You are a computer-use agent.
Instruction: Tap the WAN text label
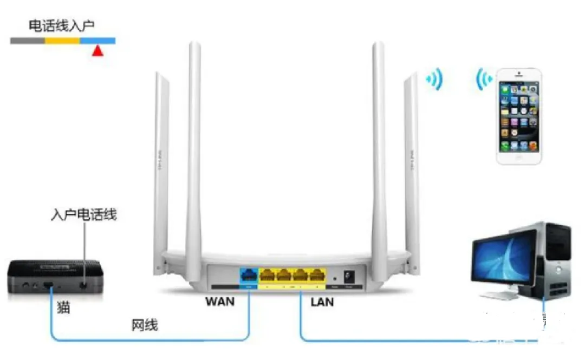pos(220,301)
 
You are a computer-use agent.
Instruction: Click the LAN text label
pos(322,302)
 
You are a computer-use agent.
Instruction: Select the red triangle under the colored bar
pos(97,51)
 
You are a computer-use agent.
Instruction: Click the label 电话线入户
pos(62,25)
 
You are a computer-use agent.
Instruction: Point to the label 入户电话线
pos(83,215)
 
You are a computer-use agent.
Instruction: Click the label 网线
pos(145,325)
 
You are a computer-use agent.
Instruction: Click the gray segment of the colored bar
pos(27,41)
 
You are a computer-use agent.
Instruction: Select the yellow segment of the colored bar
pos(62,41)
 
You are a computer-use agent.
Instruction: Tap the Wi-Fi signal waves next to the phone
pos(483,80)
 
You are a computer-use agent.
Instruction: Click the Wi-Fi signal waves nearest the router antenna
pos(435,80)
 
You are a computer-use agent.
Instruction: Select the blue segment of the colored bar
pos(97,41)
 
